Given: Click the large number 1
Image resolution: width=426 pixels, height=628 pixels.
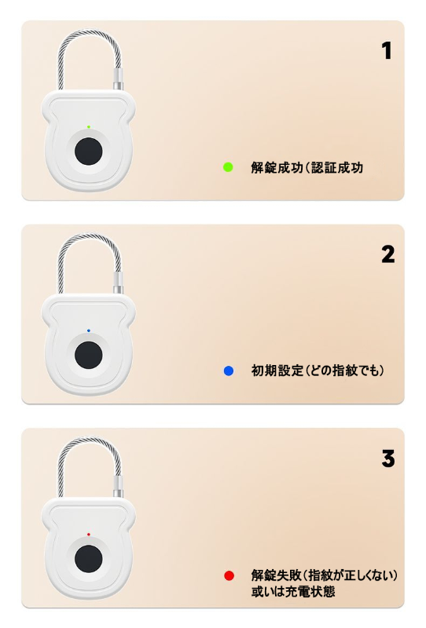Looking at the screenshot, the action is (387, 51).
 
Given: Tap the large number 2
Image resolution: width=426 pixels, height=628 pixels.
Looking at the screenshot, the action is (388, 254).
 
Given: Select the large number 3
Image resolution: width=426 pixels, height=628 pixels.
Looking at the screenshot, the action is (388, 458).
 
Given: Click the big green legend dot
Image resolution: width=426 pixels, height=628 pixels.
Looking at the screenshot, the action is (228, 167).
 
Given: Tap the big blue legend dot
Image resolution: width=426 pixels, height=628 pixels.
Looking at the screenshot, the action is (228, 371).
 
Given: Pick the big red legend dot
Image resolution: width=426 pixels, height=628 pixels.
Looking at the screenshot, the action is (229, 575).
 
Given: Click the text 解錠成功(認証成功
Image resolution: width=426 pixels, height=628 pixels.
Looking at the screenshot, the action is (307, 167).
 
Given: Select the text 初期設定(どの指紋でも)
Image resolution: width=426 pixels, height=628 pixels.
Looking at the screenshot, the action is (318, 371).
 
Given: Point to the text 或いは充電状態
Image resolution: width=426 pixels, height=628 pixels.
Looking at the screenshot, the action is (293, 592).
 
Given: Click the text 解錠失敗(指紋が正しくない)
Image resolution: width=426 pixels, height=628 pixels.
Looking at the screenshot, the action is (324, 575).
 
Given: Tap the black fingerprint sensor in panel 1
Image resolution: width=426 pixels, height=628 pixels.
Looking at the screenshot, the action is (89, 152).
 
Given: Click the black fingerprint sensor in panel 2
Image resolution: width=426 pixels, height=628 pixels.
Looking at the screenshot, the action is (89, 356).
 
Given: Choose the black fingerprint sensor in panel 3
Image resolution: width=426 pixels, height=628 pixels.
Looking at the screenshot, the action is (89, 559).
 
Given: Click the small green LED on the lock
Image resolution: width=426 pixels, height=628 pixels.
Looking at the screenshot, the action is (89, 127).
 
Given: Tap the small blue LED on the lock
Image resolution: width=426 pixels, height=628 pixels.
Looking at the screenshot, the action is (89, 330).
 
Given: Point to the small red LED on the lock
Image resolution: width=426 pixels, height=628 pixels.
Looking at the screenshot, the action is (89, 535).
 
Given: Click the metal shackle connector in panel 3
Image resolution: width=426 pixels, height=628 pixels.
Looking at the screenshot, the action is (118, 486).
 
